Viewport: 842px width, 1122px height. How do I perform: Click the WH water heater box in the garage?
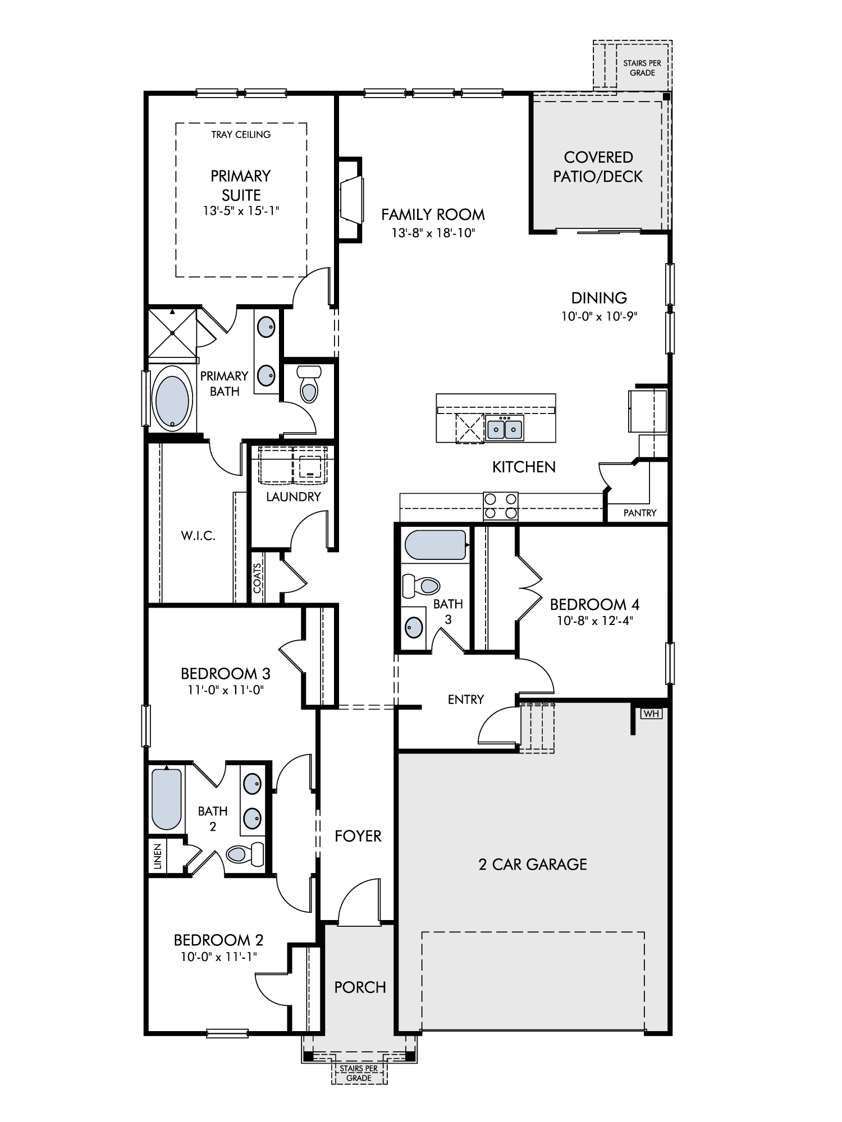pos(651,714)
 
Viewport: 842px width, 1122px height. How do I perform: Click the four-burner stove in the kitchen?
pos(501,507)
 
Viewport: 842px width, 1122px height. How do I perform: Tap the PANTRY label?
pos(640,513)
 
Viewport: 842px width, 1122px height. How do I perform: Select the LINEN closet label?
pos(158,857)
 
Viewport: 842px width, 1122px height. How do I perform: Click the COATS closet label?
pos(257,578)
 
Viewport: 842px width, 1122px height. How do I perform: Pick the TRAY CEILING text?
pos(241,135)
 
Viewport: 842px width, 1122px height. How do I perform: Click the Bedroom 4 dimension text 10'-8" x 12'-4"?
pos(594,620)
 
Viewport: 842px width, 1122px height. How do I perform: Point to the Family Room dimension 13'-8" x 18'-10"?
pos(433,233)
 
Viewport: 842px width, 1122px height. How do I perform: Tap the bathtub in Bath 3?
pos(436,545)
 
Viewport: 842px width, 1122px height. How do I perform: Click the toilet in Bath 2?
pos(245,853)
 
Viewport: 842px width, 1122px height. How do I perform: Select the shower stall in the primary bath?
pos(172,333)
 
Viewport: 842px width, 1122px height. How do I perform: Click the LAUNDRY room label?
pos(294,496)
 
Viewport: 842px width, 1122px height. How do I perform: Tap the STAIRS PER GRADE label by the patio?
pos(642,68)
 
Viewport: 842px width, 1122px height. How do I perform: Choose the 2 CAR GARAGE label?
pos(533,865)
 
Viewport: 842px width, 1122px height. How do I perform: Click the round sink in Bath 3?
pos(414,627)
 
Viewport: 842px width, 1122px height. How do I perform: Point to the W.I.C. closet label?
pos(198,536)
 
